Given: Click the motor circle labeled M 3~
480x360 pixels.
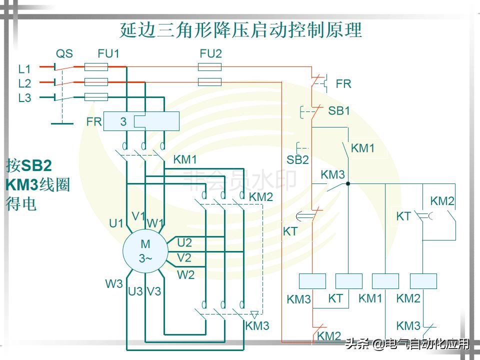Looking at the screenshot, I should [145, 251].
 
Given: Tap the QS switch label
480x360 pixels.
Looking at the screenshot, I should [64, 53].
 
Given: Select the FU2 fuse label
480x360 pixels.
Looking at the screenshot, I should [210, 53].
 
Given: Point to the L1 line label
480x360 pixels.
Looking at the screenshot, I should [24, 69].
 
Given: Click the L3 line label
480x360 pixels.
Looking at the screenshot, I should [24, 98].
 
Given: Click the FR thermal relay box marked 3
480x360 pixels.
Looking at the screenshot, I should [141, 121].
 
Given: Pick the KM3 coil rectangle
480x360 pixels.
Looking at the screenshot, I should [312, 281].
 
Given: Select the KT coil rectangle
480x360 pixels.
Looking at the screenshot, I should [348, 281].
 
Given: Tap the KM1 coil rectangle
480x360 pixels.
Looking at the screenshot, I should [385, 281].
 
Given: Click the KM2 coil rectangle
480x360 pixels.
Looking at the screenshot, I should [423, 281].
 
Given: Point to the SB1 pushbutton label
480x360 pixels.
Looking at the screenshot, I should [339, 111].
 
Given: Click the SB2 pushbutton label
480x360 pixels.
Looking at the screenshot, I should [297, 160].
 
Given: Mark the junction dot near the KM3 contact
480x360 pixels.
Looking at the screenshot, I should [348, 183].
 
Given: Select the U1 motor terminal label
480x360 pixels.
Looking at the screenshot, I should [116, 223].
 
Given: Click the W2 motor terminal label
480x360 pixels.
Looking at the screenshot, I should [185, 274].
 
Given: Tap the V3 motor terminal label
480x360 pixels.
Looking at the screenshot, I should [154, 291].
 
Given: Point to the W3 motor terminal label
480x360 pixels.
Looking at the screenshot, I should [114, 283].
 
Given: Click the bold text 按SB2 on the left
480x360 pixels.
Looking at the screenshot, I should [28, 165].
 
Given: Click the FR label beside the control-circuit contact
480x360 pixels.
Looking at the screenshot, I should [343, 84].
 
